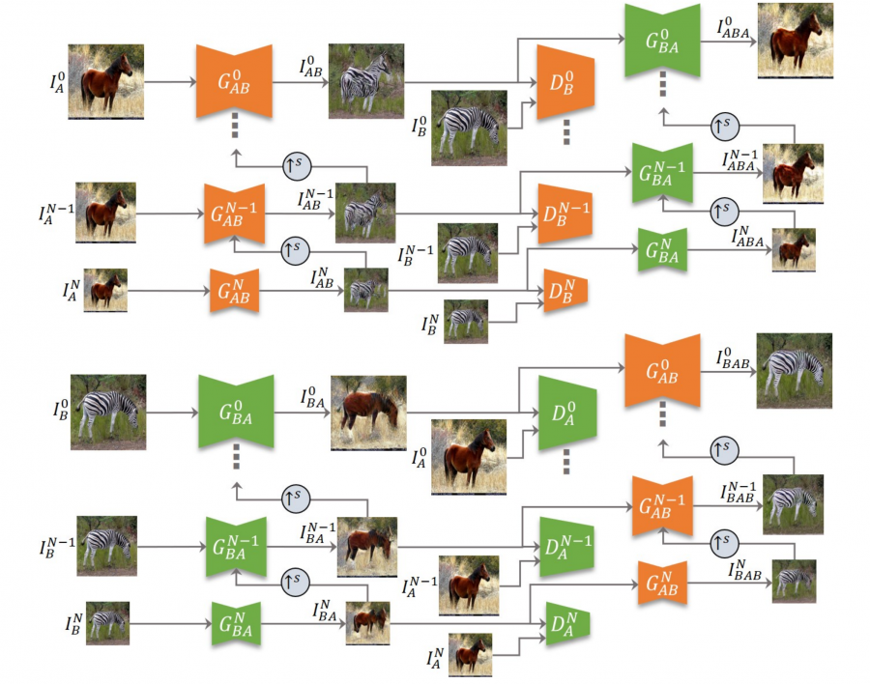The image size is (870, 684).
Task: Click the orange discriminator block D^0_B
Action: pos(565,82)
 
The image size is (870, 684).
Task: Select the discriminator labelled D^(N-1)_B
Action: pos(565,214)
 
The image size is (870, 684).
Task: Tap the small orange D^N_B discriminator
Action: pos(565,291)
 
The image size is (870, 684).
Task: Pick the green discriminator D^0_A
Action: pos(567,413)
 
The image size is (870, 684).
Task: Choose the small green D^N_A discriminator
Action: pos(567,624)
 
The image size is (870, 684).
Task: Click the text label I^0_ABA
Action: pos(733,28)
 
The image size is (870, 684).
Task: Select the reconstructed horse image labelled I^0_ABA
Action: pos(796,41)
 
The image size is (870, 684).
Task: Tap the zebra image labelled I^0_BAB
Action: pos(794,371)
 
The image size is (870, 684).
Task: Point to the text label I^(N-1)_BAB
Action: pos(738,493)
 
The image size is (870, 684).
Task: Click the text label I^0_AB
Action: pos(310,66)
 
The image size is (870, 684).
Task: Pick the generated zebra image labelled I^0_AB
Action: pos(366,81)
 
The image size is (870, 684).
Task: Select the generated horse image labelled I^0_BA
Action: pos(368,413)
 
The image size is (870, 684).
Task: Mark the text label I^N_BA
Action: pos(325,611)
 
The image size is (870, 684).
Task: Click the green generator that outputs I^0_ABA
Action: pos(662,41)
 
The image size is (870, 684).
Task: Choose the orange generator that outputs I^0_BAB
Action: pos(662,371)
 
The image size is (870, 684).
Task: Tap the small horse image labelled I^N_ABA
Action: pos(794,249)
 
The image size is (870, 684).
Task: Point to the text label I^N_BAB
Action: pos(744,570)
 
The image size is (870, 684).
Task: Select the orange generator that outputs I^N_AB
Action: pos(234,291)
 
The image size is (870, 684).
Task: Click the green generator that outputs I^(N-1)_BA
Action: pos(236,547)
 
